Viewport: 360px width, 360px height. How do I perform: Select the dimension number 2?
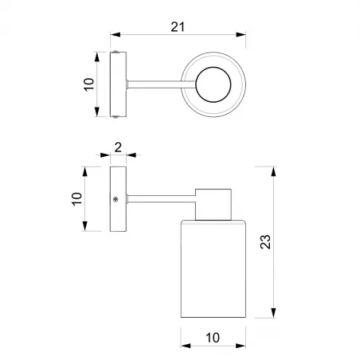[118, 147]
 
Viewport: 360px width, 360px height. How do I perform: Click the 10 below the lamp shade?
[212, 338]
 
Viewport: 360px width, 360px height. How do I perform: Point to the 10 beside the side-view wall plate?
[77, 199]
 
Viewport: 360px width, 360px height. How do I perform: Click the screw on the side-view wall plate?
[116, 198]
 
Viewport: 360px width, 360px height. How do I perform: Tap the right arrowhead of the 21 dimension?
[242, 36]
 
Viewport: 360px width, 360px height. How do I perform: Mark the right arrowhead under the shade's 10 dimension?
[240, 347]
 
